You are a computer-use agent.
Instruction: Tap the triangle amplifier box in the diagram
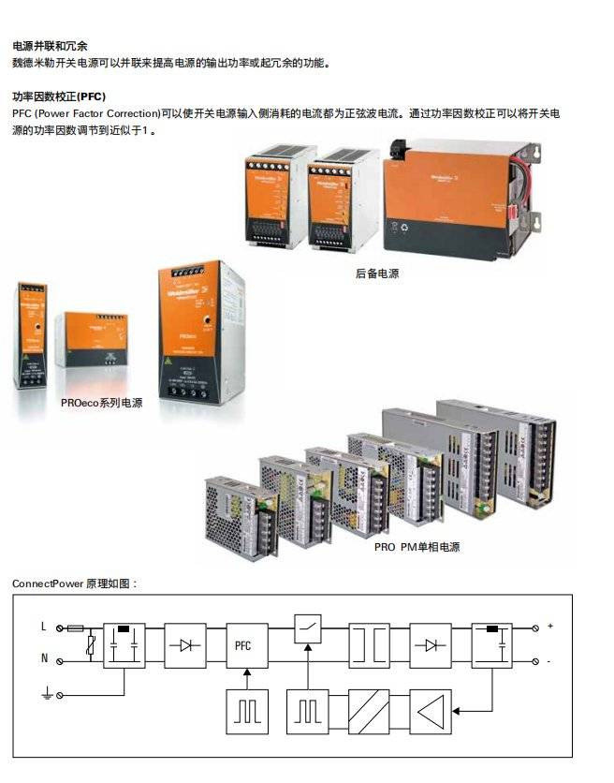point(429,711)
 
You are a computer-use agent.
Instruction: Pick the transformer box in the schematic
point(369,644)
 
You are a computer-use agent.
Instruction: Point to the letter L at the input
point(43,627)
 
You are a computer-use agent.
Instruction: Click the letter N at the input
point(43,659)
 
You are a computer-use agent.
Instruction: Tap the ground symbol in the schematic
point(44,694)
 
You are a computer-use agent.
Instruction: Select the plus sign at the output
point(549,626)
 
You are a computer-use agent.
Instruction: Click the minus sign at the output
point(548,661)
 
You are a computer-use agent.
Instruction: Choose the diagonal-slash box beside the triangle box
point(369,711)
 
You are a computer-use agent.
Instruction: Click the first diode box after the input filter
point(185,644)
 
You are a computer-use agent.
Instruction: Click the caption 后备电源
point(377,273)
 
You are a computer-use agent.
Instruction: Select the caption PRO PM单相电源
point(417,547)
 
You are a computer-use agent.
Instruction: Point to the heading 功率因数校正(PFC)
point(58,96)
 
